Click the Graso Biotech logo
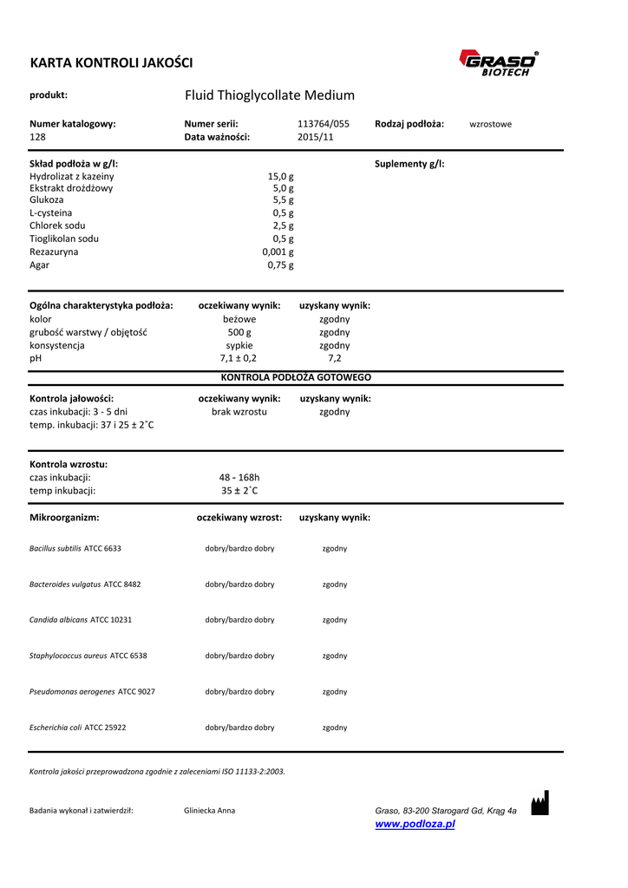[x=498, y=63]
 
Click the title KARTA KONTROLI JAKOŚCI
[x=111, y=62]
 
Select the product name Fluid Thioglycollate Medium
[x=270, y=95]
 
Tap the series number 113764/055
[x=323, y=124]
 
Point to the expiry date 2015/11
[x=315, y=137]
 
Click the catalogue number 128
[x=37, y=137]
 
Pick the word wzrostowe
[x=490, y=124]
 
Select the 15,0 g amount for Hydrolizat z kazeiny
[x=280, y=176]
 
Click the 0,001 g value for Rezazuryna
[x=278, y=251]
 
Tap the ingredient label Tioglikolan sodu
[x=64, y=238]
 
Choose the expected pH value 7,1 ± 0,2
[x=239, y=357]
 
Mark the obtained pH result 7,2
[x=334, y=357]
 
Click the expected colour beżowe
[x=239, y=319]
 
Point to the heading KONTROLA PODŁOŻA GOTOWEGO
[x=296, y=378]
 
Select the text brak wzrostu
[x=239, y=412]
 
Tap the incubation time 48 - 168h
[x=239, y=477]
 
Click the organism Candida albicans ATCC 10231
[x=81, y=620]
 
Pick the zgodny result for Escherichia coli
[x=335, y=728]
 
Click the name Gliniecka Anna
[x=209, y=811]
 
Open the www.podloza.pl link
[x=415, y=824]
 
